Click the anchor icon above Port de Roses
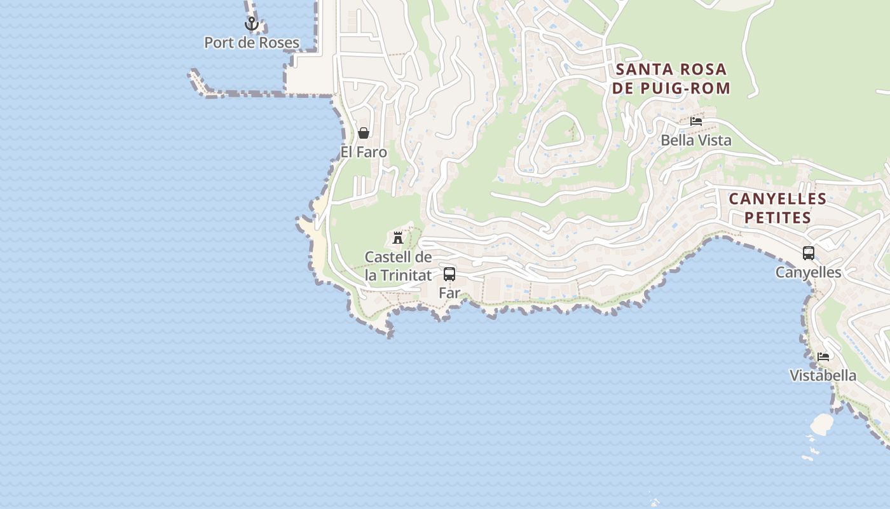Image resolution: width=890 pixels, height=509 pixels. pos(252,24)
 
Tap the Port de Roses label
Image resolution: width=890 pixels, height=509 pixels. pos(252,43)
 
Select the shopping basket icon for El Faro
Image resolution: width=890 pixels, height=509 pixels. pos(364,133)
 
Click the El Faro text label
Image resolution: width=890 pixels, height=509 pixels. pos(364,152)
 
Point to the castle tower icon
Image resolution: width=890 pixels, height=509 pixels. pos(398,238)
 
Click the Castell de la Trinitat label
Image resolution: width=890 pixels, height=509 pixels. pos(398,266)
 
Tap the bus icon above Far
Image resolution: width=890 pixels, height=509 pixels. pos(449,274)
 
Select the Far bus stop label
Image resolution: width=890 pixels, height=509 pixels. pos(449,293)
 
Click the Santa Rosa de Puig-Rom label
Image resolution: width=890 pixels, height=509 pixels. pos(671,78)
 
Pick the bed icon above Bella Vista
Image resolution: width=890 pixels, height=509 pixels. pos(696,121)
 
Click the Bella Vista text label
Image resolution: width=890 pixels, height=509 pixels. pos(696,140)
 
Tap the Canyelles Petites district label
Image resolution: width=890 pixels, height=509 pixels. pos(777,208)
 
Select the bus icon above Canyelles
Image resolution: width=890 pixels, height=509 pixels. pos(808,253)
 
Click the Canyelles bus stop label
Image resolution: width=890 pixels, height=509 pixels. pos(808,272)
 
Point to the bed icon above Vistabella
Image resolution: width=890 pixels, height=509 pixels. pos(823,356)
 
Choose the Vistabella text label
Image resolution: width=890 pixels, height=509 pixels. pos(823,375)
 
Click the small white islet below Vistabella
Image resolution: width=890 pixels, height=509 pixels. pos(822,424)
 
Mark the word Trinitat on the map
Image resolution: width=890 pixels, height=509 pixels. pos(405,275)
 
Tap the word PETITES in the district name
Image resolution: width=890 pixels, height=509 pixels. pos(777,218)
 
